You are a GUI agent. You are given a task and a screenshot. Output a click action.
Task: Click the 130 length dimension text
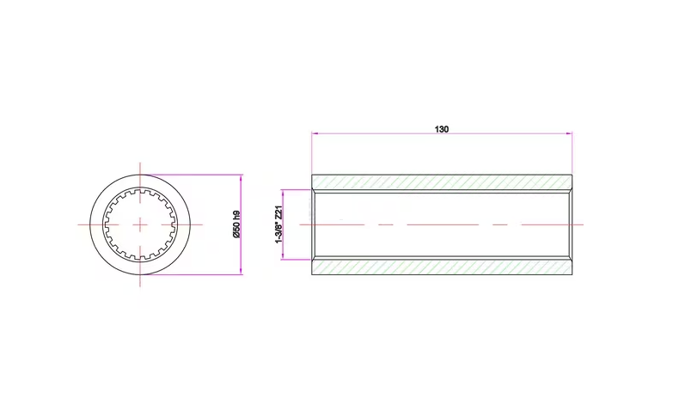point(442,129)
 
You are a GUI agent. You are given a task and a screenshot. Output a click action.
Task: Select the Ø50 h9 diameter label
point(235,224)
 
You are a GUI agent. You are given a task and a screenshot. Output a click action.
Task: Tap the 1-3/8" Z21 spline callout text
point(278,224)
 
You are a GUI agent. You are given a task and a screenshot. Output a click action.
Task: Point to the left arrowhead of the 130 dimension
point(315,134)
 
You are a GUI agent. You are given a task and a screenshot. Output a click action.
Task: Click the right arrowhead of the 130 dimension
point(569,134)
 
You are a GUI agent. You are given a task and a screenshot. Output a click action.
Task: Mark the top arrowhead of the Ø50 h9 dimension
point(242,177)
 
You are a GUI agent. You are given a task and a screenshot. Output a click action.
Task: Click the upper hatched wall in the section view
point(442,182)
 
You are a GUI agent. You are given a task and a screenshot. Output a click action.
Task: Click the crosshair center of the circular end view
point(140,224)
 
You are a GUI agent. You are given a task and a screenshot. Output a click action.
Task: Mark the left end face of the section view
point(313,224)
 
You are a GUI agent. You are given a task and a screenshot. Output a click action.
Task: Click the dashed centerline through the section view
point(498,224)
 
